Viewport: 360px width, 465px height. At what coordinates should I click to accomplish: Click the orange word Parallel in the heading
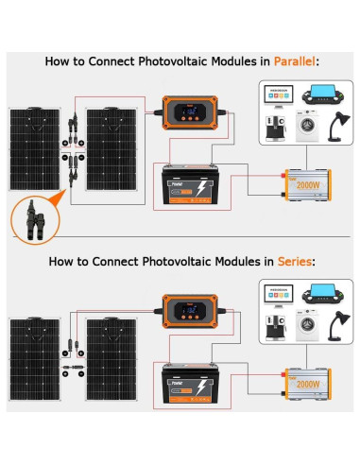pyautogui.click(x=295, y=60)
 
